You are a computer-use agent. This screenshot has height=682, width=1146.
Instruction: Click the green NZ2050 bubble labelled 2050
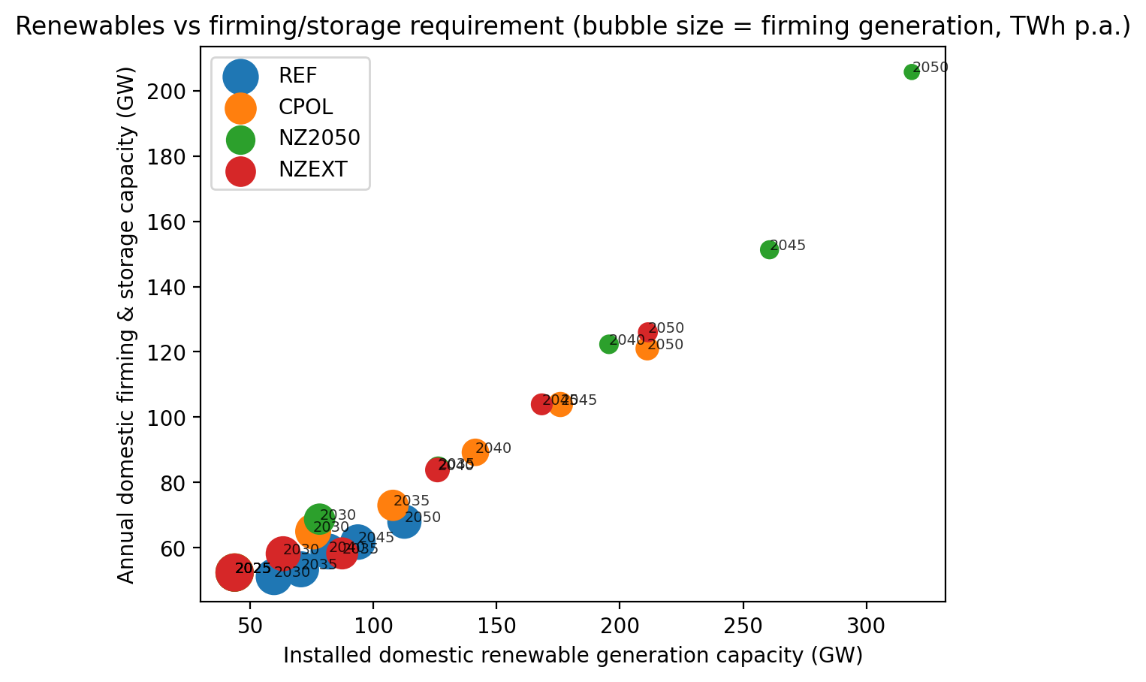tap(912, 72)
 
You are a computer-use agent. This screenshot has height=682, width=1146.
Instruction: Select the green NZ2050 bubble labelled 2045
tap(769, 249)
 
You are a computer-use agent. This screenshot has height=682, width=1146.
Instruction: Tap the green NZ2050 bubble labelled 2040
tap(609, 344)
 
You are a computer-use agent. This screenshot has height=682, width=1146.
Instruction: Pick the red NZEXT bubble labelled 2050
tap(648, 332)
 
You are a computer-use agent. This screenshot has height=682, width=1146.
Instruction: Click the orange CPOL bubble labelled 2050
tap(647, 349)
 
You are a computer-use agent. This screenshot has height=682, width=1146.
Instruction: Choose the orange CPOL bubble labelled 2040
tap(475, 452)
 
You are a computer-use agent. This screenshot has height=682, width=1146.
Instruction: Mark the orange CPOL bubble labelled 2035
tap(392, 505)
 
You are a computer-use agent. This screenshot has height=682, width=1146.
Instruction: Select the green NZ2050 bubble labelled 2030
tap(319, 518)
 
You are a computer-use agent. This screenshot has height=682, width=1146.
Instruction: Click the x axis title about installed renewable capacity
tap(572, 656)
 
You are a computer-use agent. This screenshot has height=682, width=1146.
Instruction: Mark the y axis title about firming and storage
tap(126, 324)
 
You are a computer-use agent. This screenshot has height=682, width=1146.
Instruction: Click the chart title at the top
tap(572, 27)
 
